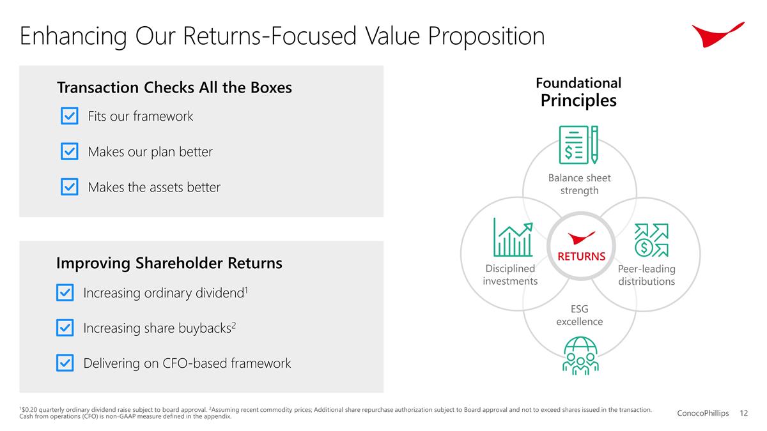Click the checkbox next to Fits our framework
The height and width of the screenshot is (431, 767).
click(x=69, y=116)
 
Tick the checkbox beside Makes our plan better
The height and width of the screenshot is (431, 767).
click(x=69, y=152)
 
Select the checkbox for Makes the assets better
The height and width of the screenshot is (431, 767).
click(x=69, y=187)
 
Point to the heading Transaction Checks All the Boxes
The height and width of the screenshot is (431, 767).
click(x=174, y=87)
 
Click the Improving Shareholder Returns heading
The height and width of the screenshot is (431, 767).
click(x=169, y=263)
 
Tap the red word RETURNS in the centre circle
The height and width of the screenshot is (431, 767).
click(x=581, y=257)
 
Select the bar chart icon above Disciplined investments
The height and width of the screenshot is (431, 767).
click(x=512, y=238)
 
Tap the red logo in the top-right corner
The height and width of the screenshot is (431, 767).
click(x=717, y=33)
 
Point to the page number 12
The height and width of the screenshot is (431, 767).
click(x=743, y=414)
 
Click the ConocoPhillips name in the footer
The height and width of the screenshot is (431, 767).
click(x=702, y=414)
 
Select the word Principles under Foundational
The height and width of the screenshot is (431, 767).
click(x=578, y=101)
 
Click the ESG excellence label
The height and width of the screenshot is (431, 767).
click(x=579, y=315)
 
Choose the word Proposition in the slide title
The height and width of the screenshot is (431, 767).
click(x=486, y=36)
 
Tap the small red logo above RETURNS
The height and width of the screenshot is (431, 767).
click(x=581, y=238)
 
